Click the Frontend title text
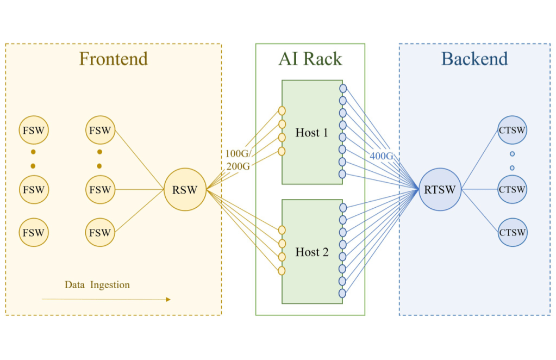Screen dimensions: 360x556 click(x=114, y=59)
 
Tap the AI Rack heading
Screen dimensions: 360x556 click(x=310, y=59)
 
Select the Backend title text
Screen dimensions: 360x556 click(x=474, y=59)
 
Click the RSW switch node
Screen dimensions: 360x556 click(x=185, y=190)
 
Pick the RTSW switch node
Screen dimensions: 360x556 click(x=440, y=190)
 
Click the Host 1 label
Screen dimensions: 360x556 click(x=311, y=133)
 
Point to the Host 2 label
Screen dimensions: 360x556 click(x=311, y=252)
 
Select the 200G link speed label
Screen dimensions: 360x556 click(x=238, y=166)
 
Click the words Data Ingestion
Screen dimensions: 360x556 click(x=97, y=284)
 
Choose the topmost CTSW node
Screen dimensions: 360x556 click(x=512, y=131)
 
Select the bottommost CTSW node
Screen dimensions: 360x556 click(x=512, y=232)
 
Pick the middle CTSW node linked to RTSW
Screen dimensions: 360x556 click(x=512, y=189)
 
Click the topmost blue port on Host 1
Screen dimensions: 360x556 click(x=342, y=88)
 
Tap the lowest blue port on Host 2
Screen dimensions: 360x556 click(x=342, y=293)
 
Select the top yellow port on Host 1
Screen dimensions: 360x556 click(x=282, y=111)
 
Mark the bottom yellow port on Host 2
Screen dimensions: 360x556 click(x=282, y=270)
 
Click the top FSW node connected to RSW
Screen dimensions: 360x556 click(x=100, y=131)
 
